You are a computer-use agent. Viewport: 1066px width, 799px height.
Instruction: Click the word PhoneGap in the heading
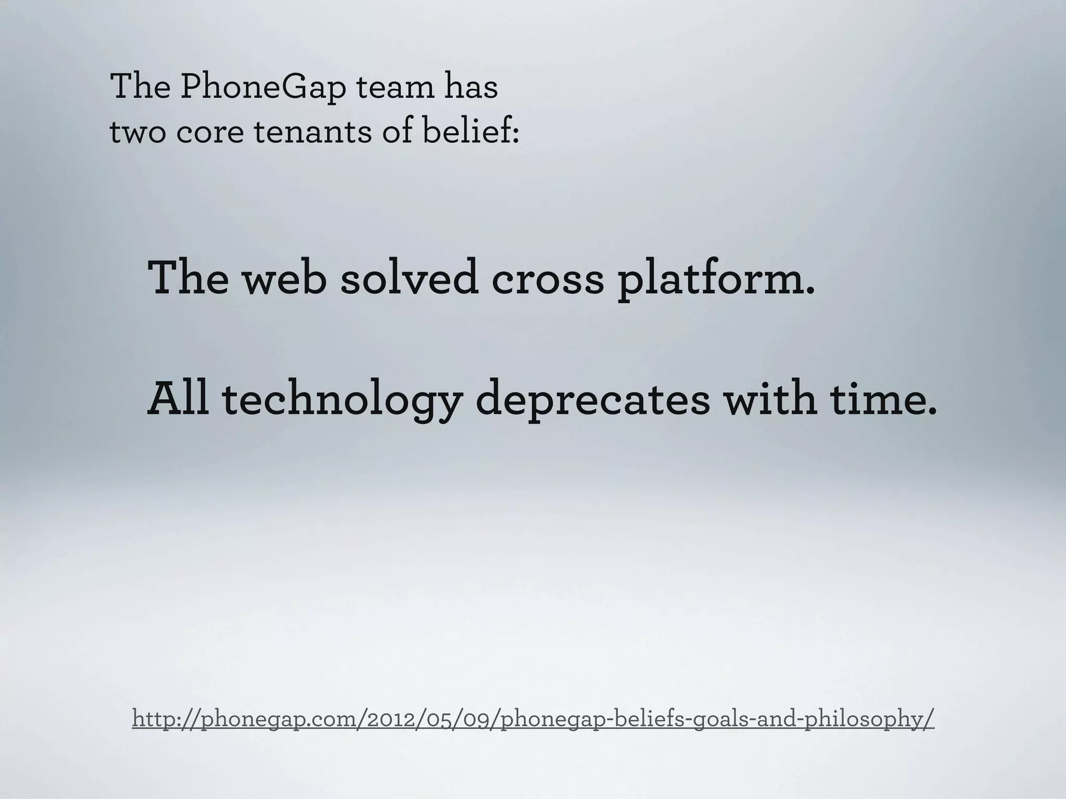pyautogui.click(x=263, y=87)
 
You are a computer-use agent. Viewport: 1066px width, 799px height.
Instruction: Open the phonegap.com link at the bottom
pyautogui.click(x=533, y=719)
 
